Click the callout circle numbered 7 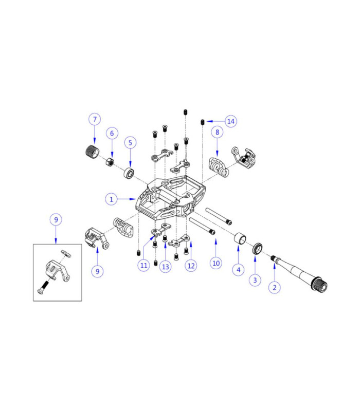pos(94,120)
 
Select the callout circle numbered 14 pos(230,121)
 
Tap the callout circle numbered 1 pos(112,198)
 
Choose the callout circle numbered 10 pos(216,263)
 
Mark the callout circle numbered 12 pos(191,265)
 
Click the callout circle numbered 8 pos(218,132)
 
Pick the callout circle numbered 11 pos(143,265)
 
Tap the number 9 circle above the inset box pos(56,219)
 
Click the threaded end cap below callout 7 pos(91,153)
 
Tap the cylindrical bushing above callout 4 pos(239,240)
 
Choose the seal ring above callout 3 pos(258,249)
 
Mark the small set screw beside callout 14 pos(203,121)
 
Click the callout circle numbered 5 pos(130,141)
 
